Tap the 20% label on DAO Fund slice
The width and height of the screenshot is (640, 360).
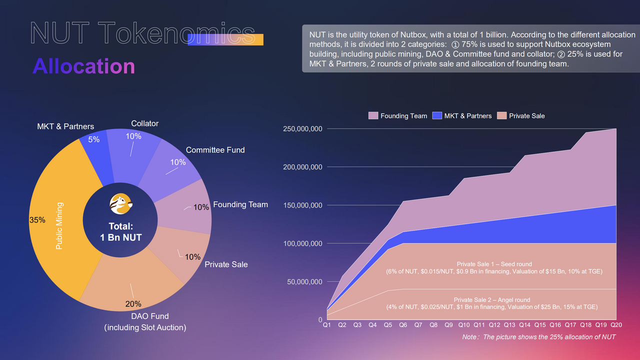(x=133, y=304)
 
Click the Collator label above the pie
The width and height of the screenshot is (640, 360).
(x=144, y=123)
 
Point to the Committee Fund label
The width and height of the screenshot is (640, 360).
(x=215, y=150)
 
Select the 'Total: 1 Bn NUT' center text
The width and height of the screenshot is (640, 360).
(x=121, y=232)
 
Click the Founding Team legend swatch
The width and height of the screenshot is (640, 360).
(x=373, y=115)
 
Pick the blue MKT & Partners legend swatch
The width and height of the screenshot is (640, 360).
(x=437, y=115)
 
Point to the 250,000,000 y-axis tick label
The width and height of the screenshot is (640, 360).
(x=302, y=129)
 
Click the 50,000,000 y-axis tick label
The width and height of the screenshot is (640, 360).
(x=304, y=282)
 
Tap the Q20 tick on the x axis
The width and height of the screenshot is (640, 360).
(x=616, y=325)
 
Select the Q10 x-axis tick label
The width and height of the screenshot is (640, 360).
(x=464, y=325)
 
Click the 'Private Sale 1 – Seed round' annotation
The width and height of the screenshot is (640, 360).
(x=494, y=264)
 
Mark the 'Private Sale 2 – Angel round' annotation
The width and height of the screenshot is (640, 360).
(x=491, y=300)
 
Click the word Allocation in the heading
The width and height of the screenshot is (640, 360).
(x=83, y=66)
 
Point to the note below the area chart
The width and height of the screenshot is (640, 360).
(x=538, y=337)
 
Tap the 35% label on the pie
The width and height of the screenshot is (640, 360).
(x=37, y=220)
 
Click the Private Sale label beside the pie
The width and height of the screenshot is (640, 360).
(x=226, y=264)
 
